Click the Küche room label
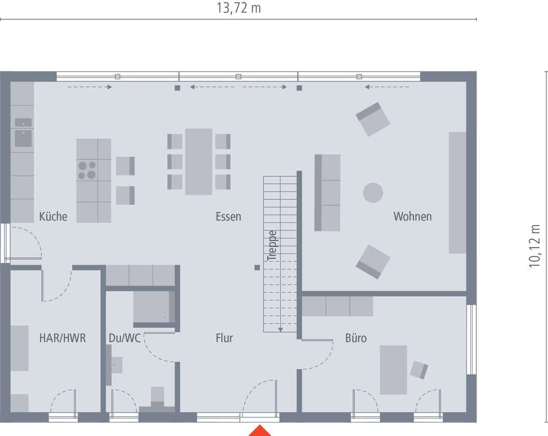coord(53,216)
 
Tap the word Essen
coord(228,216)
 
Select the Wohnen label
coord(413,216)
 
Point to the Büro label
coord(356,338)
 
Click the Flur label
coord(224,338)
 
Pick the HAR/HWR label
coord(62,338)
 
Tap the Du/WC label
coord(124,338)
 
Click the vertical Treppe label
coord(272,246)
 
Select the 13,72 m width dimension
coord(239,7)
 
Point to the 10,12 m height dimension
coord(535,246)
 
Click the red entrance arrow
coord(260,431)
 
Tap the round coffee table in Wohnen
coord(373,193)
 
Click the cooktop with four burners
coord(87,170)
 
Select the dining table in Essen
coord(199,162)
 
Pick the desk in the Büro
coord(393,370)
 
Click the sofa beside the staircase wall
coord(327,193)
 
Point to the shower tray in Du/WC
coord(154,307)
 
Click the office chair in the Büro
coord(418,370)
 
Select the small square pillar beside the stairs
coord(257,268)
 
